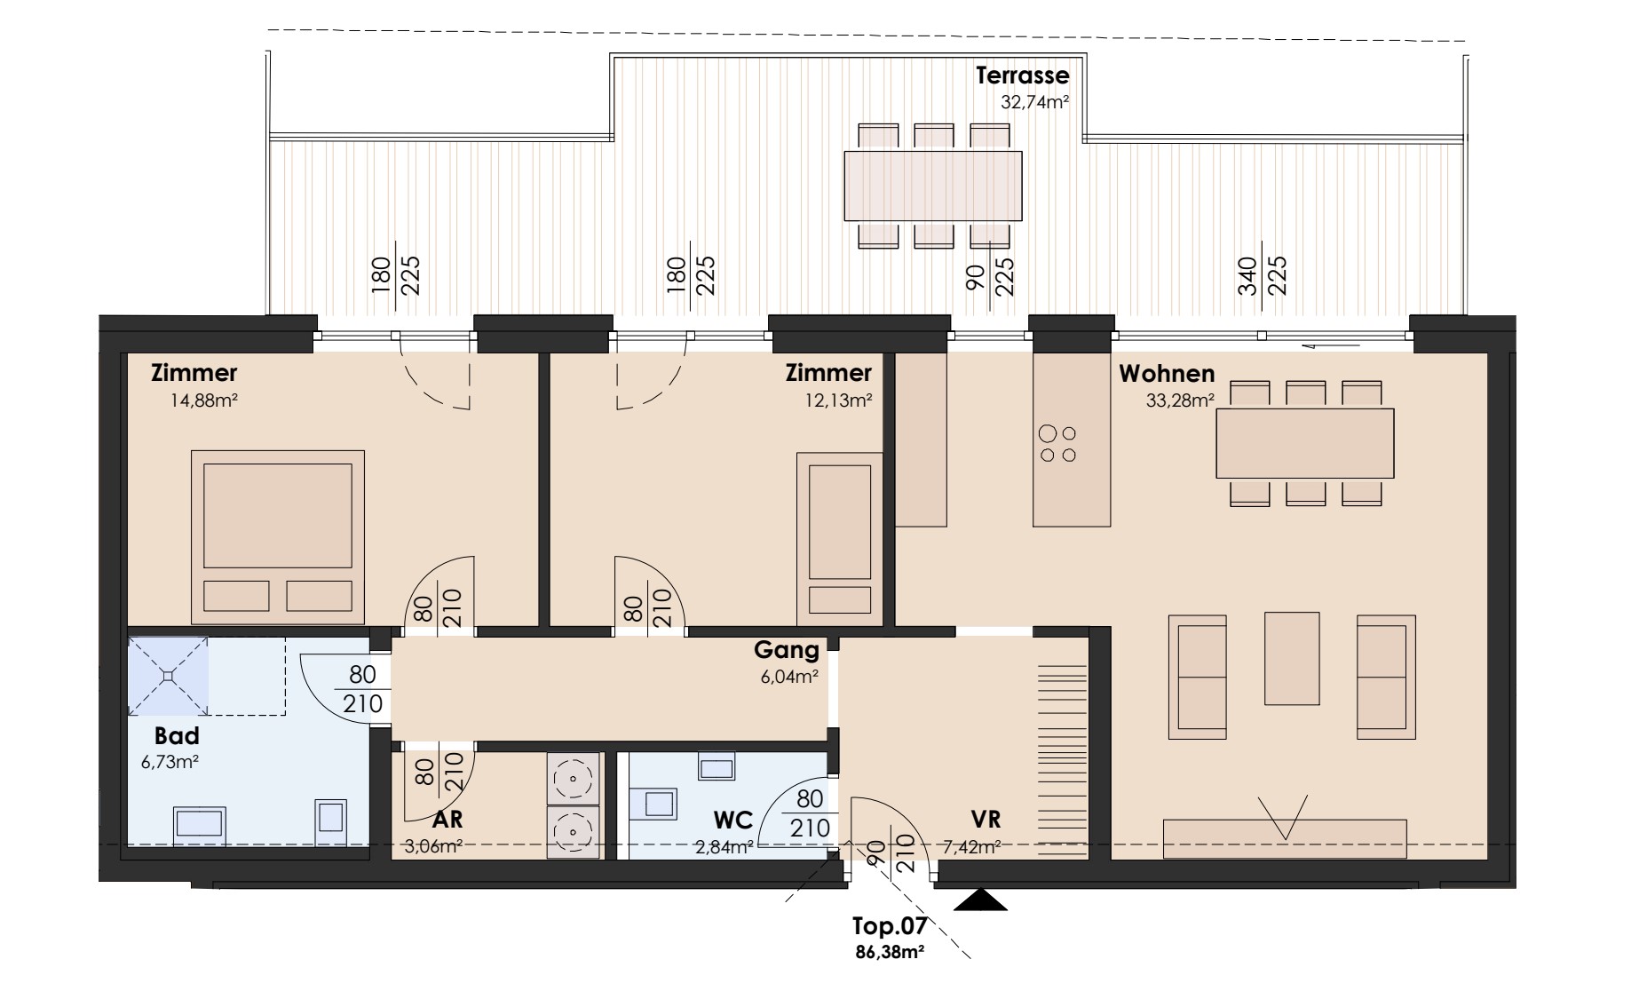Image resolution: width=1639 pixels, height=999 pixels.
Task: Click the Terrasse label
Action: pyautogui.click(x=1022, y=75)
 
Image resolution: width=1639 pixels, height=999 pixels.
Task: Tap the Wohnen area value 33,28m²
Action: pyautogui.click(x=1180, y=400)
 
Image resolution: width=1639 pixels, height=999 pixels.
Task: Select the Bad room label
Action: pyautogui.click(x=177, y=735)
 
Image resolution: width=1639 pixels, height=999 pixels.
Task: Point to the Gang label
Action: pyautogui.click(x=787, y=651)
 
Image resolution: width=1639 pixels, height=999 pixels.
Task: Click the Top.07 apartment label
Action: pyautogui.click(x=890, y=927)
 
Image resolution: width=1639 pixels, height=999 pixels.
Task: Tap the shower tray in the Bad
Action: pyautogui.click(x=169, y=676)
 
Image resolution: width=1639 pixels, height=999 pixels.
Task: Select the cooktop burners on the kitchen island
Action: pyautogui.click(x=1057, y=444)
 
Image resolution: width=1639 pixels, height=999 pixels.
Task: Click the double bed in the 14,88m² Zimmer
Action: pyautogui.click(x=278, y=536)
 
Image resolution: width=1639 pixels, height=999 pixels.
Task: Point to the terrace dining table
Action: pyautogui.click(x=933, y=186)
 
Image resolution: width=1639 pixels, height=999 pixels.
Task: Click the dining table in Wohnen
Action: pyautogui.click(x=1304, y=443)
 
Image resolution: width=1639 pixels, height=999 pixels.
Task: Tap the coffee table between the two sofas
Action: pyautogui.click(x=1292, y=658)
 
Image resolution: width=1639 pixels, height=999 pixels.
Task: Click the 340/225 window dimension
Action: pyautogui.click(x=1262, y=275)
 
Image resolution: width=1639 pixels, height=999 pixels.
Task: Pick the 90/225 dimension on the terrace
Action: pyautogui.click(x=990, y=275)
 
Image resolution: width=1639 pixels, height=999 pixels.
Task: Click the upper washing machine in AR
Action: pyautogui.click(x=574, y=779)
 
